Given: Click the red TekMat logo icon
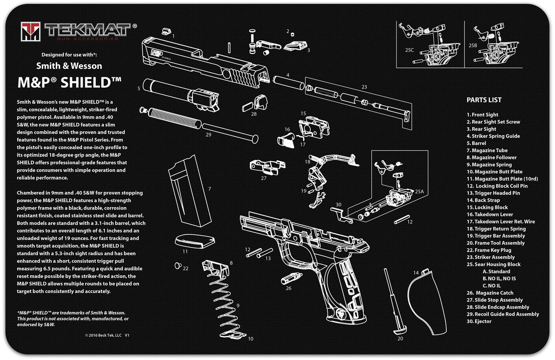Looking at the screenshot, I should click(31, 31).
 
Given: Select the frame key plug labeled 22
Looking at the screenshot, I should click(178, 266).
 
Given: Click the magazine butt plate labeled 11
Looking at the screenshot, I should click(194, 241).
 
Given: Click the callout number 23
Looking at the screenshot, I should click(364, 87).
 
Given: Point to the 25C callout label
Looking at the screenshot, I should click(409, 50).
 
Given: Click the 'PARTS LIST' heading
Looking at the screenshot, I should click(484, 100).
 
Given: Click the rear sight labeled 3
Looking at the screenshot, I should click(295, 46).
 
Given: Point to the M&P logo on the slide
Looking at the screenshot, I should click(155, 53).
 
